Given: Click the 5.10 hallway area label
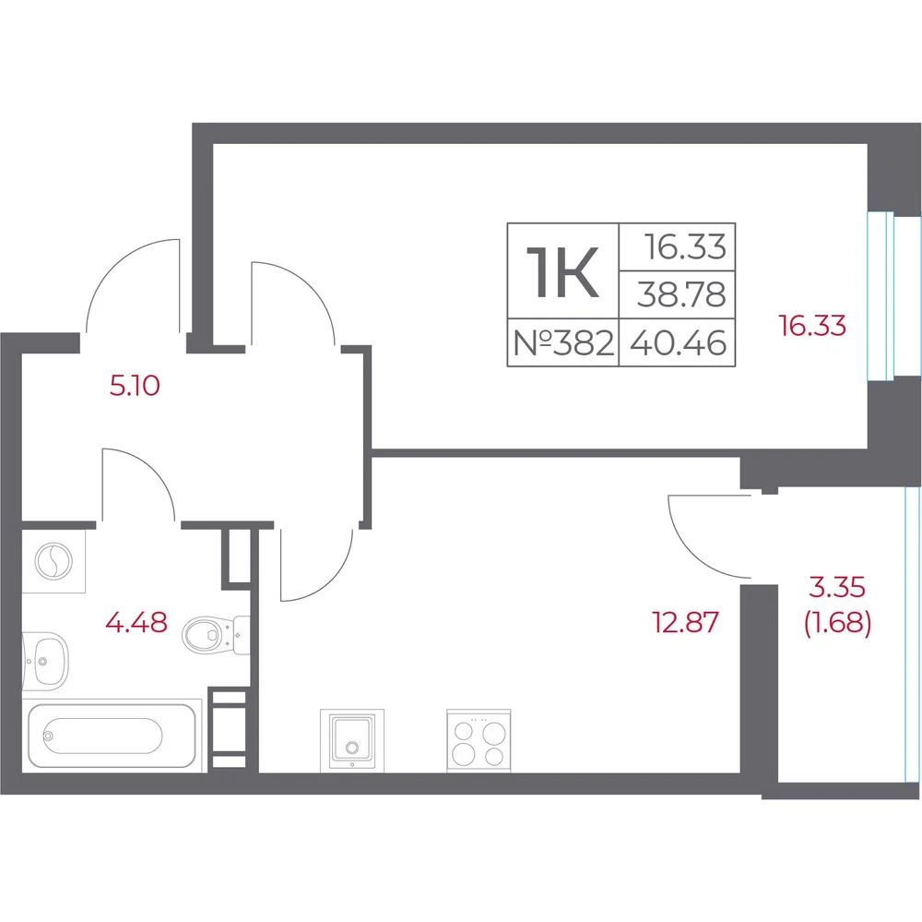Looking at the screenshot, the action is [x=135, y=386].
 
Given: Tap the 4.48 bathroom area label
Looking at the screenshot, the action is [x=136, y=622].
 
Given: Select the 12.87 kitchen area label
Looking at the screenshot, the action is [x=686, y=622].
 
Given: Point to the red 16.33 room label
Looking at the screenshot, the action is [x=812, y=325].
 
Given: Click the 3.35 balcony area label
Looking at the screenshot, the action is [x=837, y=586].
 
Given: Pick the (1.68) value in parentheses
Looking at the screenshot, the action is [x=837, y=623].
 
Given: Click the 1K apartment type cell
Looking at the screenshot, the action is [x=562, y=271].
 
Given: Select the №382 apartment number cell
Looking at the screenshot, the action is [x=562, y=342].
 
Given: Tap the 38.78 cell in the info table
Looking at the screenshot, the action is [x=678, y=295].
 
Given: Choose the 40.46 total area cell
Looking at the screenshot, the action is [x=678, y=342].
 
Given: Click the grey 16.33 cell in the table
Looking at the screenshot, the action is [x=678, y=247].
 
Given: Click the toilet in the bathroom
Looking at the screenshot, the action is [x=216, y=635].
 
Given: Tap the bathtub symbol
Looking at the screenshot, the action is [x=112, y=735].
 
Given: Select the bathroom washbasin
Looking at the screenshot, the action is [x=45, y=661].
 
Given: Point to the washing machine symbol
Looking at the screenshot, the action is [x=53, y=560].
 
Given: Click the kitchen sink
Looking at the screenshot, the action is [x=351, y=740].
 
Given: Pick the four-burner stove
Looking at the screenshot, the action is [x=479, y=740].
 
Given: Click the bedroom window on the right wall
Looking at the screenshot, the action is [x=881, y=296].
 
